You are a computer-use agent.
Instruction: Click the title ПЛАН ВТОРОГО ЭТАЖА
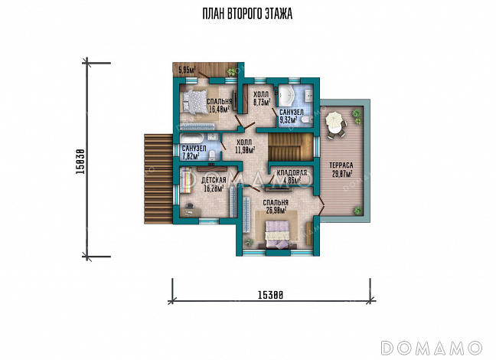click(247, 14)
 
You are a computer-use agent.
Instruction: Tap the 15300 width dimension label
click(270, 295)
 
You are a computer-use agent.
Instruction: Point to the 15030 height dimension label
click(80, 162)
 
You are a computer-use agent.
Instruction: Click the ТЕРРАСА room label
click(341, 165)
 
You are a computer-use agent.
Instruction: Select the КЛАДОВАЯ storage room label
click(292, 172)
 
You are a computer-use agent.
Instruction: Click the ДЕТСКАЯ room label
click(214, 180)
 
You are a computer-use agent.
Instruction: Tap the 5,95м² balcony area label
click(187, 70)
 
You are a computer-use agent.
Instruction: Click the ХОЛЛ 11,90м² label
click(244, 146)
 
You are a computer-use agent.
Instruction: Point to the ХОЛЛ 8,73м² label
click(261, 98)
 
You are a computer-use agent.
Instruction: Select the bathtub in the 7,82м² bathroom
click(191, 139)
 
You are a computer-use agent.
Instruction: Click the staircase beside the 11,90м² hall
click(290, 147)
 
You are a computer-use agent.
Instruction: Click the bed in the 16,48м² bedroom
click(194, 101)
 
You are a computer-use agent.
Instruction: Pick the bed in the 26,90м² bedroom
click(277, 234)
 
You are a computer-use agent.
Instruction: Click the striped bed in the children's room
click(186, 180)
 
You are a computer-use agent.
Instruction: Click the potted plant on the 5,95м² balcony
click(232, 71)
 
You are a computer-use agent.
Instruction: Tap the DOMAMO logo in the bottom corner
click(431, 348)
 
